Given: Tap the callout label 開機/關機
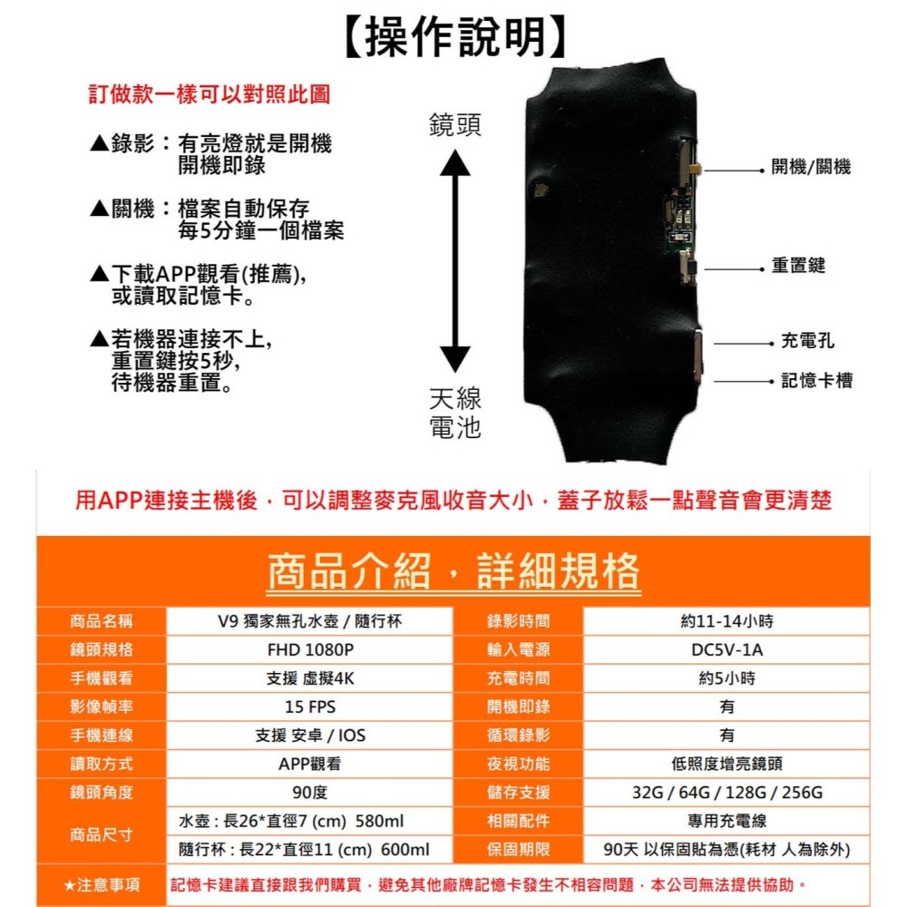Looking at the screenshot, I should click(x=811, y=169).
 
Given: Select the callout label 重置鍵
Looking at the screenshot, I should click(x=798, y=266).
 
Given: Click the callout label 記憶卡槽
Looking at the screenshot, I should click(x=816, y=381).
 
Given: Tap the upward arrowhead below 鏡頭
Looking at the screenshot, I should click(x=455, y=163).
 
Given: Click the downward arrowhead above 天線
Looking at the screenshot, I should click(x=455, y=358).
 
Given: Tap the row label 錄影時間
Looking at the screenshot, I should click(x=518, y=621).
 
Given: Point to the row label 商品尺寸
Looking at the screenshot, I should click(x=102, y=835).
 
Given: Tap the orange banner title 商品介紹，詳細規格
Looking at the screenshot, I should click(x=453, y=571).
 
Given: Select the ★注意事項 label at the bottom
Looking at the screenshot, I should click(x=102, y=884).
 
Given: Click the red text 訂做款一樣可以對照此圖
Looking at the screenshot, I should click(x=210, y=94).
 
